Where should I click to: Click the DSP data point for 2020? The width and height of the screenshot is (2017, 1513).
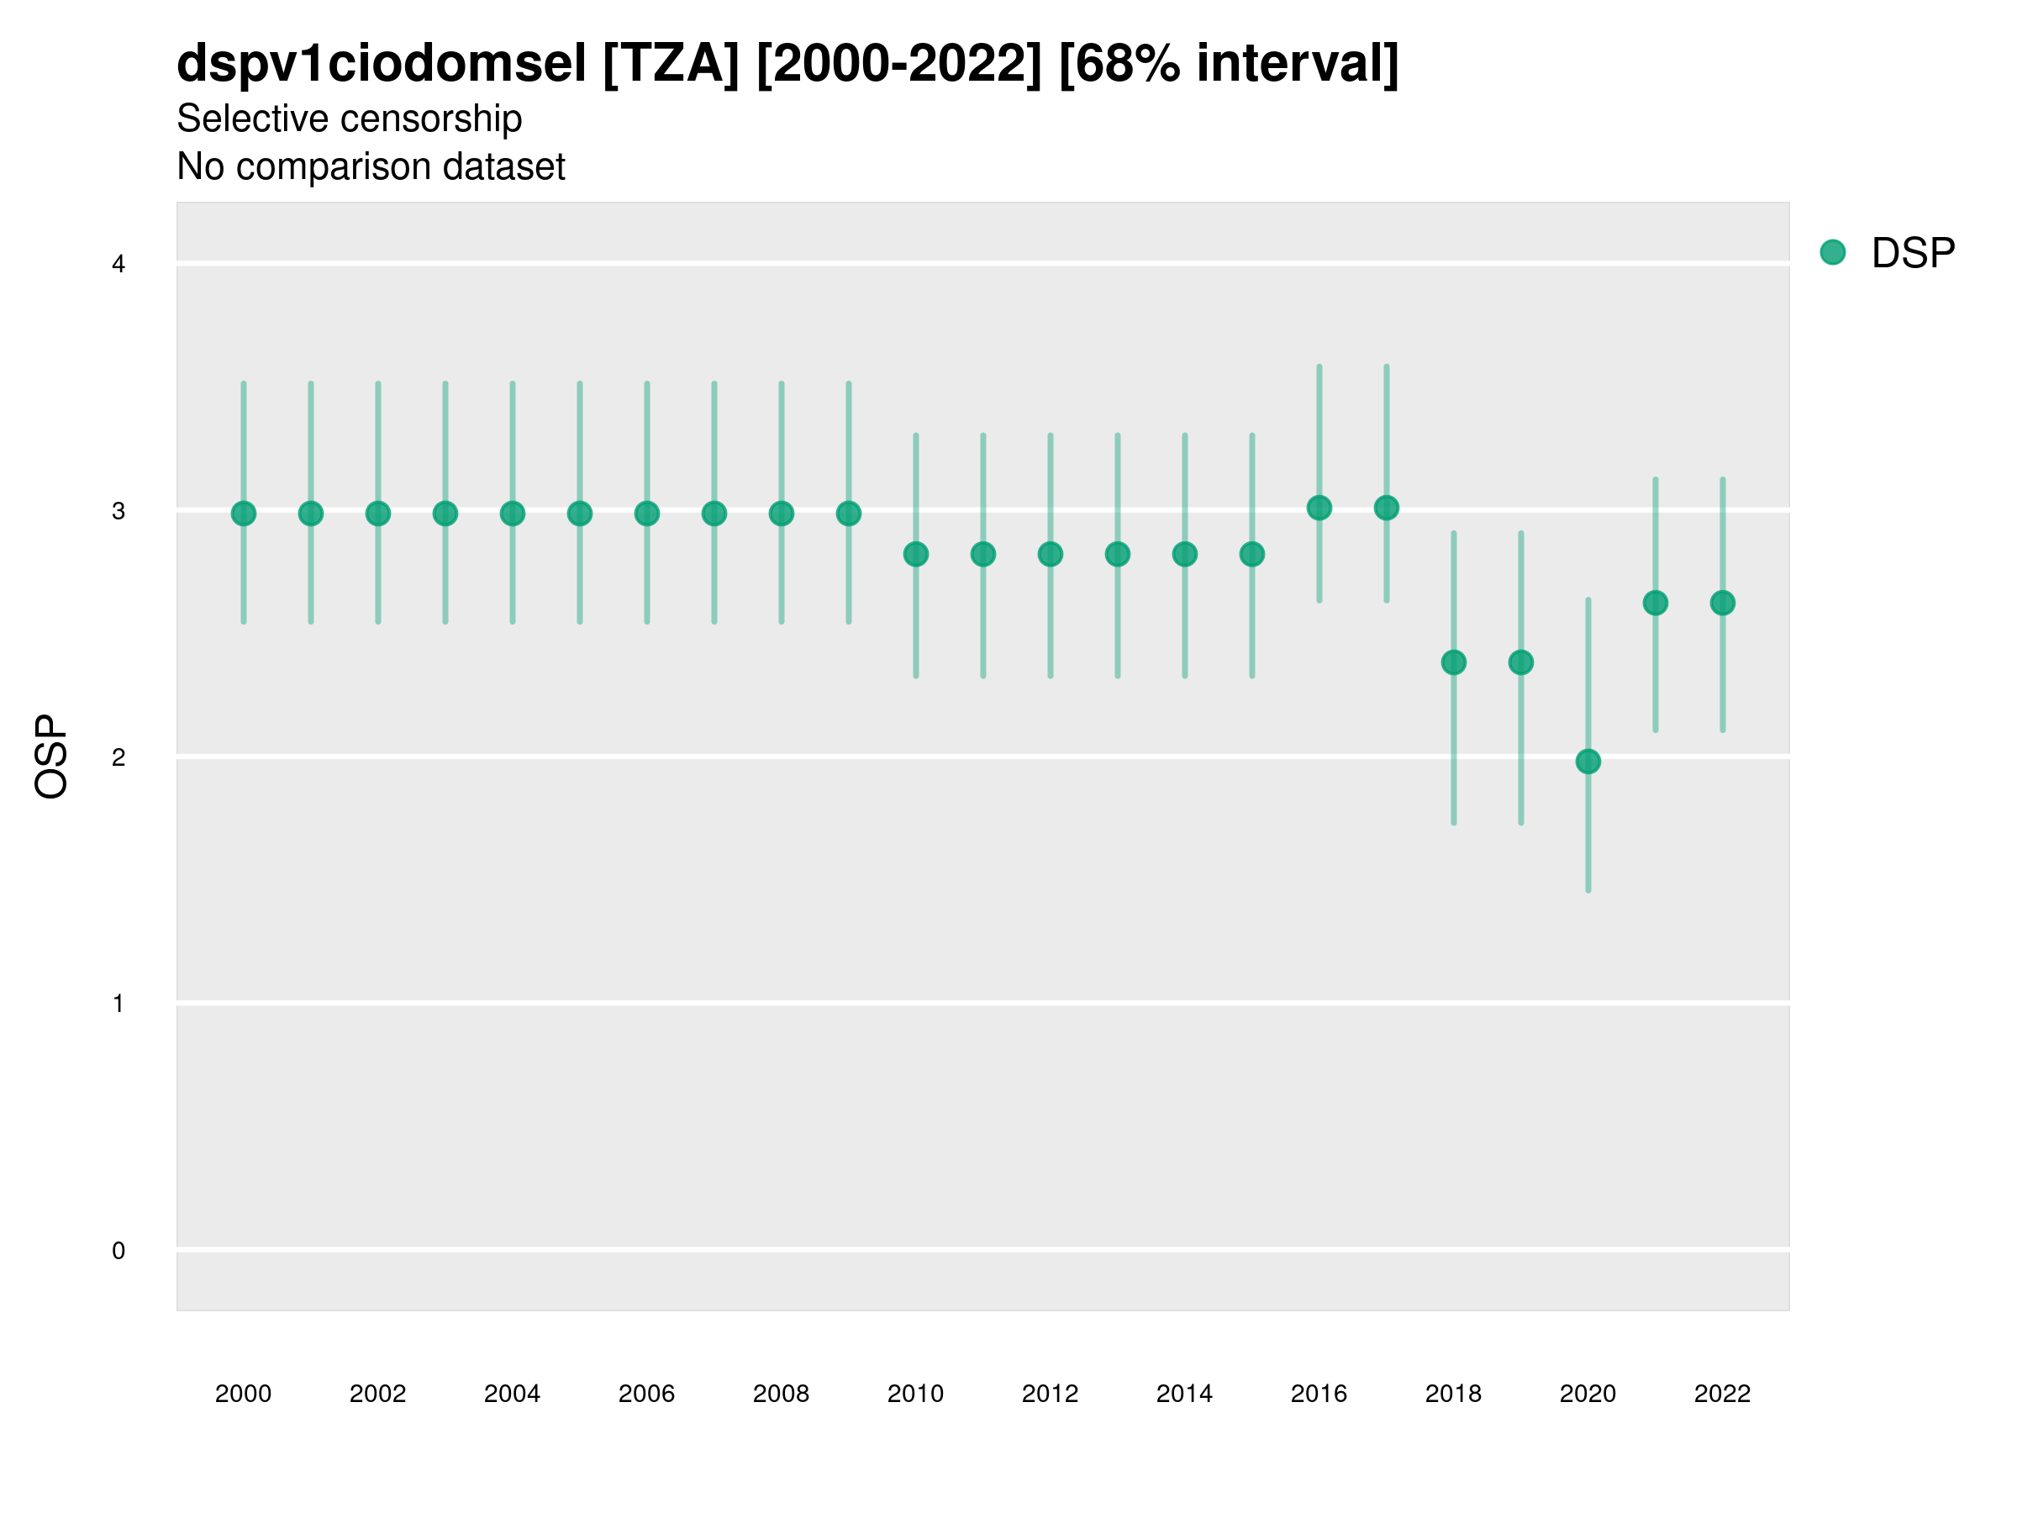coord(1588,762)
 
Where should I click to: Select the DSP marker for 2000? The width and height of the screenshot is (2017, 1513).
coord(244,514)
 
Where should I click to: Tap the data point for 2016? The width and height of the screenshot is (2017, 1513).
coord(1319,508)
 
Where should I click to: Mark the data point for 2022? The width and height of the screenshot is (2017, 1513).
coord(1723,603)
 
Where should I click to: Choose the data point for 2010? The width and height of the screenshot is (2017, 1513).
coord(915,554)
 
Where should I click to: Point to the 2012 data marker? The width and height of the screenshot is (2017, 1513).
coord(1051,554)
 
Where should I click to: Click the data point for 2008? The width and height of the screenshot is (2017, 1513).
coord(782,514)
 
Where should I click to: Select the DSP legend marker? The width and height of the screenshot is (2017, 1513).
coord(1832,253)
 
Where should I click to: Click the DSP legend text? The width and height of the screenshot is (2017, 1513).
coord(1912,254)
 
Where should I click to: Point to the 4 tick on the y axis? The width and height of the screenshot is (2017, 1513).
coord(118,265)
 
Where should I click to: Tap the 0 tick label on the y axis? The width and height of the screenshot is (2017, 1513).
coord(118,1251)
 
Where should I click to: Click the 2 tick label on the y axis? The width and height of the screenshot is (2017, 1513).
coord(118,757)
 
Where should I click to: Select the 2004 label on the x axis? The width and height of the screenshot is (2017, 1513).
coord(513,1394)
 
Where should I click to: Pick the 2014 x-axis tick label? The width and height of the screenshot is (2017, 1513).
coord(1184,1394)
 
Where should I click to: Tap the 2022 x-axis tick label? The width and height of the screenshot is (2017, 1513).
coord(1723,1394)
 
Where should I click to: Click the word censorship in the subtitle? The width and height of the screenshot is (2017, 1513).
coord(432,119)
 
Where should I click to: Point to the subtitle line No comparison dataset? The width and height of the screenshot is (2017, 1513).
coord(371,167)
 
